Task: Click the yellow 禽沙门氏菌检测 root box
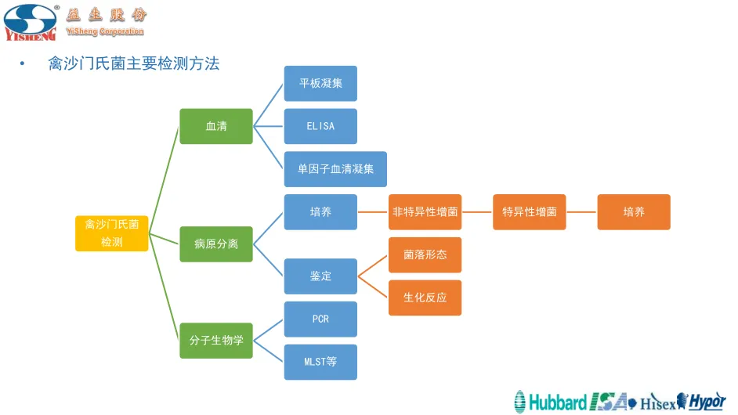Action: click(x=111, y=233)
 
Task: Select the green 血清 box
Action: click(x=216, y=126)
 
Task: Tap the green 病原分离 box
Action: click(x=216, y=244)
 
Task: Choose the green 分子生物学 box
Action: click(x=216, y=341)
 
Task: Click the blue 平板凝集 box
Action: click(x=320, y=84)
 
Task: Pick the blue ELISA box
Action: click(x=320, y=126)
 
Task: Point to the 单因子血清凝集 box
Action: click(x=335, y=169)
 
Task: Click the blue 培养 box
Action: click(x=320, y=212)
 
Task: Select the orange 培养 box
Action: click(x=634, y=212)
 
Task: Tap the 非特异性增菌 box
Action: click(x=425, y=212)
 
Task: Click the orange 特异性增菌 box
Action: click(x=530, y=212)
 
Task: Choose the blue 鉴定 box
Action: click(x=320, y=276)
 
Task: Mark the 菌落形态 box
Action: click(x=425, y=255)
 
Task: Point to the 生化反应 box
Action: click(x=425, y=298)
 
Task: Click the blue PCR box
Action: click(x=320, y=319)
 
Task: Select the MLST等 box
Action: click(x=320, y=362)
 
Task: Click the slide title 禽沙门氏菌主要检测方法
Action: click(x=134, y=64)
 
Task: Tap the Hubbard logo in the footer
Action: click(x=551, y=402)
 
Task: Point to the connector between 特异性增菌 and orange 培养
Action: click(x=582, y=212)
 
